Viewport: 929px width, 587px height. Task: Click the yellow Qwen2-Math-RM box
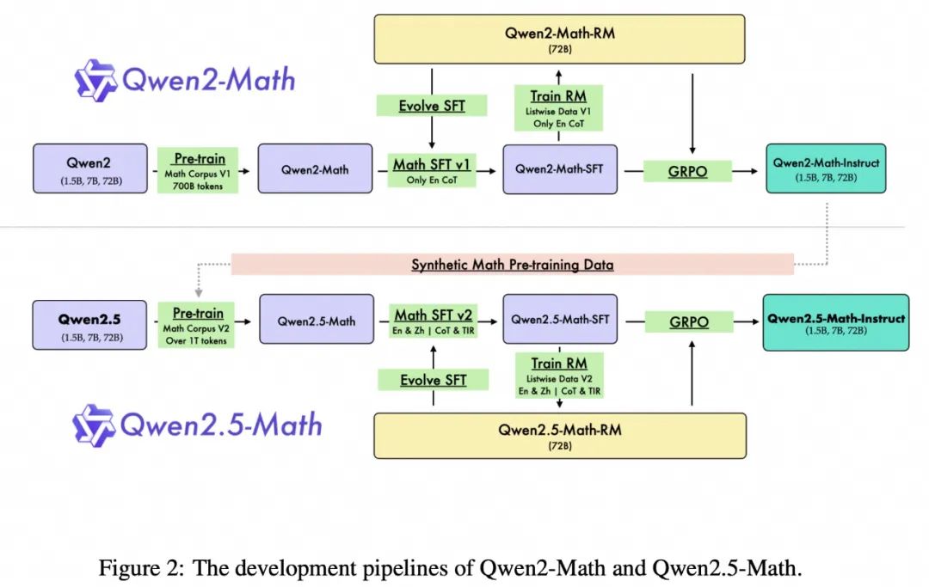tap(559, 39)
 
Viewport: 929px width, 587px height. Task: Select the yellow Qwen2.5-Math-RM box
tap(559, 436)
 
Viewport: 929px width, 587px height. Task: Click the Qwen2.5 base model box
tap(90, 325)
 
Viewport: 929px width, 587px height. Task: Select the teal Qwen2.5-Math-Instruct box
tap(835, 323)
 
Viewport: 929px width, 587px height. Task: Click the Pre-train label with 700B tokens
tap(198, 169)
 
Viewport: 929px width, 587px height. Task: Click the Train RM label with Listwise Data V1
tap(558, 107)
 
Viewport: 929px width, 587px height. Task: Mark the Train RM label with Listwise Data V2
tap(558, 375)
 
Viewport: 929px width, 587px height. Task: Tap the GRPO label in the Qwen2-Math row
tap(688, 170)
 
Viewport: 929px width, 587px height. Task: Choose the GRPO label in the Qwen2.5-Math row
tap(688, 322)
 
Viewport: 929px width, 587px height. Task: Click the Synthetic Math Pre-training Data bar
tap(512, 265)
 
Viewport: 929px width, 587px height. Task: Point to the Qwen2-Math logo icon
tap(95, 80)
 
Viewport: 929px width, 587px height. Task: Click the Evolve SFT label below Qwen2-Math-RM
tap(432, 106)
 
